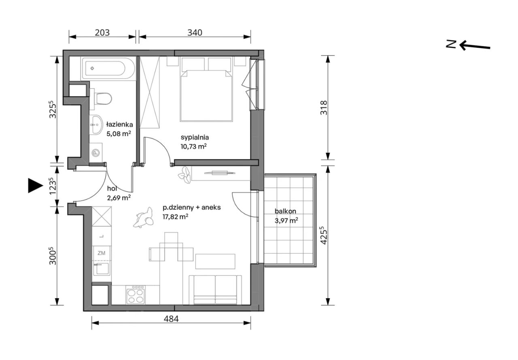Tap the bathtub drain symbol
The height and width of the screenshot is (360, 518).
tap(92, 68)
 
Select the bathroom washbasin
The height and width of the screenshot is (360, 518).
tap(96, 125)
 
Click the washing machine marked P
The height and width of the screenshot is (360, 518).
tap(96, 152)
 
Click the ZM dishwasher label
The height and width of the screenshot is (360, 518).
tap(101, 253)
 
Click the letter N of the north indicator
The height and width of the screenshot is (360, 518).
tap(451, 44)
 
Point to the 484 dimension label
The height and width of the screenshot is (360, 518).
tap(171, 319)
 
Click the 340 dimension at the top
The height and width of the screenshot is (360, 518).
tap(195, 33)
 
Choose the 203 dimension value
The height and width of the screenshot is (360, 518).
tap(102, 33)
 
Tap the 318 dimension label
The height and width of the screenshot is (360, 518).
tap(323, 108)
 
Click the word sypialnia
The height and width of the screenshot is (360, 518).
tap(195, 138)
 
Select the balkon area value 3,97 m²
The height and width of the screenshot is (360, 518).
tap(286, 220)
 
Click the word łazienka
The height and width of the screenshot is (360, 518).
tap(119, 125)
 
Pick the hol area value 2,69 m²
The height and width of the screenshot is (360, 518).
tap(119, 197)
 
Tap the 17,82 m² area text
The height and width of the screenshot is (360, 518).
tap(175, 217)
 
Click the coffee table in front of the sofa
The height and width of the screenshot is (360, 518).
tap(215, 261)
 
